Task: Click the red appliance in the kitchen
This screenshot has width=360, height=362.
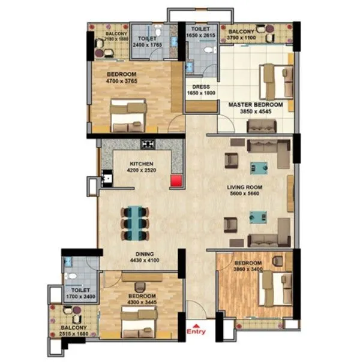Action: click(176, 181)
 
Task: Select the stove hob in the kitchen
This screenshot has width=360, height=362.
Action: click(148, 144)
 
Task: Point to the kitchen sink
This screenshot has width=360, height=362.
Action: click(106, 178)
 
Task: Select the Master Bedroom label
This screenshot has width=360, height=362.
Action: click(256, 104)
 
